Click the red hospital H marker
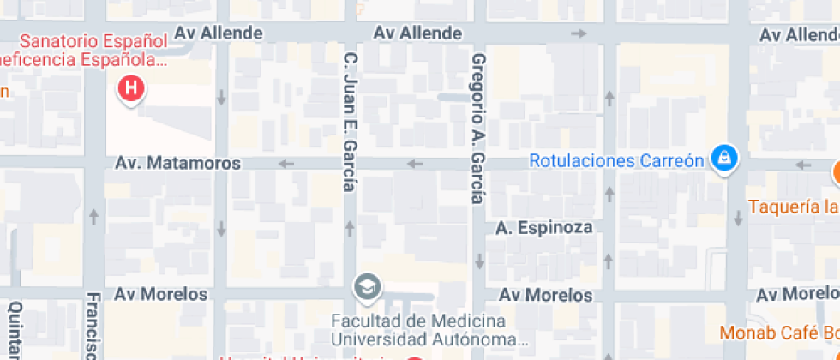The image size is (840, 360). (x=131, y=87)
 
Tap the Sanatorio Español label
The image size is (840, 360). (x=93, y=41)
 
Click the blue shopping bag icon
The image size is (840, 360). (x=725, y=159)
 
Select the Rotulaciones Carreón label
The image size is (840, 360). (x=616, y=160)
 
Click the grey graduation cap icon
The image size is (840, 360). (x=369, y=287)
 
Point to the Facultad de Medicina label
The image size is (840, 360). (x=418, y=321)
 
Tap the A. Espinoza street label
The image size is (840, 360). (x=544, y=228)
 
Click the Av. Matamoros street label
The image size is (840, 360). (x=178, y=162)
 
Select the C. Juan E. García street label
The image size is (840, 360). (x=350, y=123)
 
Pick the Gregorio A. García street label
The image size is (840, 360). (x=478, y=129)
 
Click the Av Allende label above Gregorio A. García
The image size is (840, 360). (x=418, y=33)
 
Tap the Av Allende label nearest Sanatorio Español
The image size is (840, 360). (x=219, y=33)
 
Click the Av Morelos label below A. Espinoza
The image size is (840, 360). (x=546, y=296)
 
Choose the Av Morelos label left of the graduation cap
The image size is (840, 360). (x=162, y=294)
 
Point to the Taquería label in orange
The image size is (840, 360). (x=793, y=207)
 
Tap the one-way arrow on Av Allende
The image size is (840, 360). (x=579, y=33)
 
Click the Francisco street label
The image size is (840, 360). (x=93, y=326)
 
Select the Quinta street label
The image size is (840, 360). (x=14, y=330)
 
